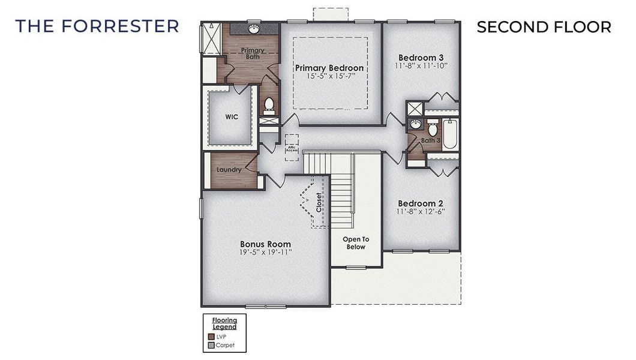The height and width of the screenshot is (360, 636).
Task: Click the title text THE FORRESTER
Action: click(97, 26)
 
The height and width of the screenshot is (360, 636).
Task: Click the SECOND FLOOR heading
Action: click(544, 27)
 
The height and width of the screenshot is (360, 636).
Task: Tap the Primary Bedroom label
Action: click(329, 68)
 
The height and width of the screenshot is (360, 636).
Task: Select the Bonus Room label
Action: click(265, 244)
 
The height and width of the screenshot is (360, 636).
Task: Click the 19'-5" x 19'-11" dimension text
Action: click(265, 253)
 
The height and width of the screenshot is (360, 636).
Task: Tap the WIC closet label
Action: click(232, 117)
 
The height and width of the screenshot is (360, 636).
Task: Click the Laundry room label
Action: click(229, 170)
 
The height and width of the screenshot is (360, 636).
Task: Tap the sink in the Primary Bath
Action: click(254, 28)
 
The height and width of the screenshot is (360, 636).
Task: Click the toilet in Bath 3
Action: click(432, 128)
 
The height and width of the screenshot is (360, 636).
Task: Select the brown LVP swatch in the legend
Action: click(211, 337)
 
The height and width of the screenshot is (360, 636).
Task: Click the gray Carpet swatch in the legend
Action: click(211, 346)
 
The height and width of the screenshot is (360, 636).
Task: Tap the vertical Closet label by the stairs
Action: click(319, 203)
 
